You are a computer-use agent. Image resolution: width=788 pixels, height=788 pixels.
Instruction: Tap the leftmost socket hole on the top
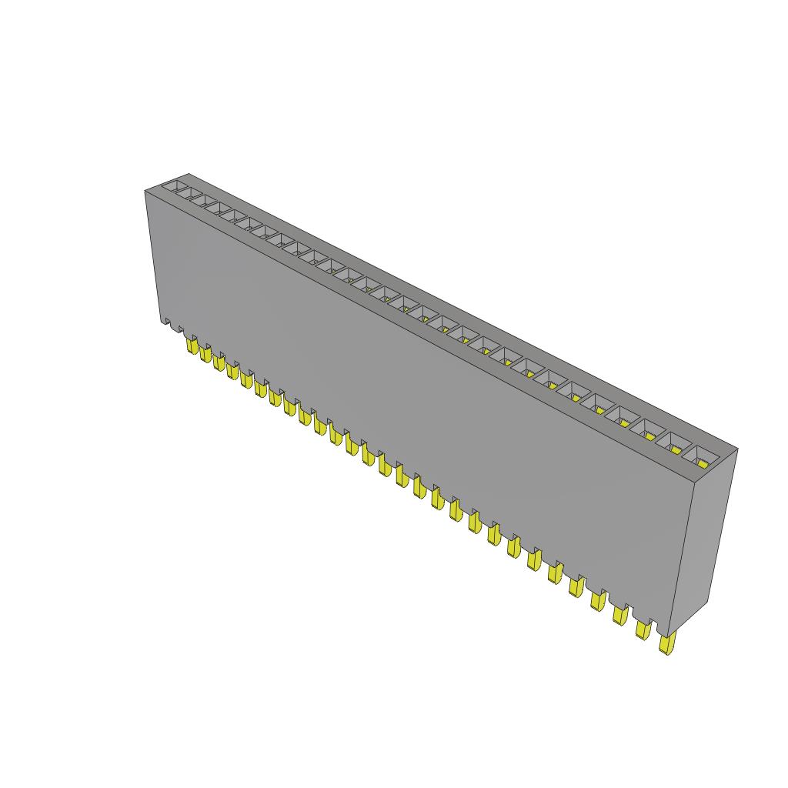179,188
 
